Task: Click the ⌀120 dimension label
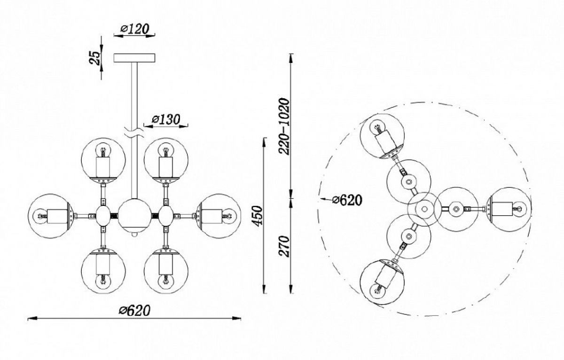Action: tap(135, 29)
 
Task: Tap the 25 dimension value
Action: tap(95, 58)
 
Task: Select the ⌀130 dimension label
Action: tap(166, 119)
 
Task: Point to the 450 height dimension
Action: tap(258, 216)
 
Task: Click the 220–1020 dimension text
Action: tap(284, 126)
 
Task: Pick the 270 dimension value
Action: tap(284, 246)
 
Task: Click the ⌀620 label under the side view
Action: tap(134, 310)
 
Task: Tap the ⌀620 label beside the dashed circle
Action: tap(347, 200)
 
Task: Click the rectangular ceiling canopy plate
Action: tap(134, 58)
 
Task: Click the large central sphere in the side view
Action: tap(135, 216)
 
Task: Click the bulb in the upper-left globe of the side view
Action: tap(103, 151)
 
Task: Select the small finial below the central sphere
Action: tap(135, 235)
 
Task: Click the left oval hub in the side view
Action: tap(103, 216)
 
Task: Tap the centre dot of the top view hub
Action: tap(424, 209)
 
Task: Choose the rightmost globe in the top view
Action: tap(509, 209)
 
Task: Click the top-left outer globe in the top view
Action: tap(382, 136)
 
